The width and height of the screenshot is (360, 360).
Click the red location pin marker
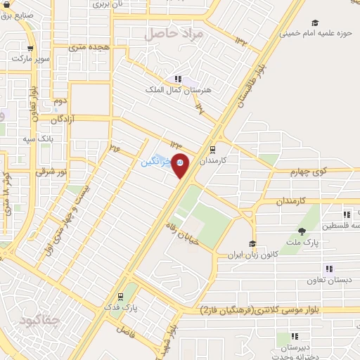tap(181, 165)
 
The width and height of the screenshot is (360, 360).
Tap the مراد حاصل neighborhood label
tap(173, 33)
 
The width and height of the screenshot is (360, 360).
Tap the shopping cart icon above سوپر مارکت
tap(30, 49)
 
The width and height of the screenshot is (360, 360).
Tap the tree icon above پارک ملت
tap(302, 231)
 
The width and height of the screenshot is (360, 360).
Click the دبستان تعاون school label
tap(327, 281)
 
